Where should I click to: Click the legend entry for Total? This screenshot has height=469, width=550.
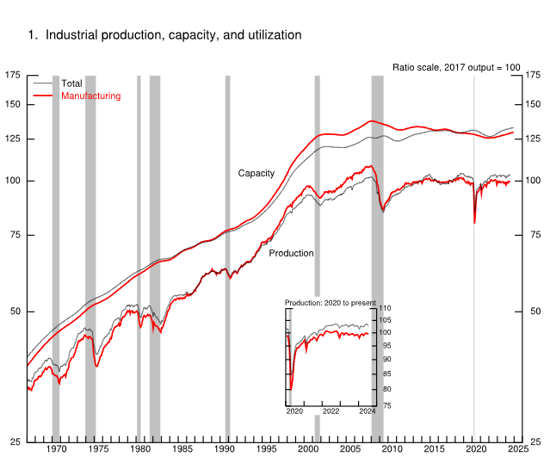72,83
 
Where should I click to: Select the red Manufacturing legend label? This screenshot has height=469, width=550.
90,96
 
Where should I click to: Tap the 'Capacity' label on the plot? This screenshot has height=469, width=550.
256,173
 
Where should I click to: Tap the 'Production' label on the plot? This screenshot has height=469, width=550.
291,253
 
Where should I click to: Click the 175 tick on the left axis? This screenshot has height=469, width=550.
13,76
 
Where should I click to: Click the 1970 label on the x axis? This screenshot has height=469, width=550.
56,449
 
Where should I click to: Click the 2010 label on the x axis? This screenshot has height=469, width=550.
392,449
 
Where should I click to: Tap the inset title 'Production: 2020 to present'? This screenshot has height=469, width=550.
330,303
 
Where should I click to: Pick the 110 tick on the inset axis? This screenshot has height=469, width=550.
385,308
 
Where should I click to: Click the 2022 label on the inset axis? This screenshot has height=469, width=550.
331,411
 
